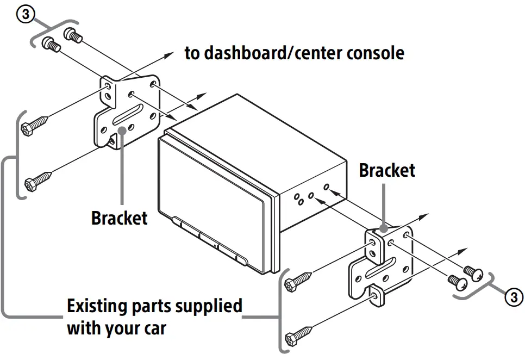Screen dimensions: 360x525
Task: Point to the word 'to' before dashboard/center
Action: click(192, 54)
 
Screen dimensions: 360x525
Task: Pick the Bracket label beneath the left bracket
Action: click(119, 218)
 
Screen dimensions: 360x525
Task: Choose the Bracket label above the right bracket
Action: click(387, 170)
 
